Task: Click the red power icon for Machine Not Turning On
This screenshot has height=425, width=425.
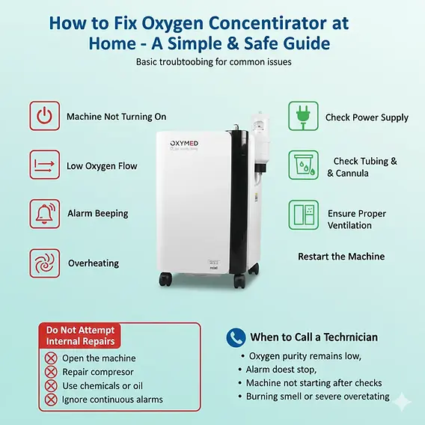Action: click(45, 117)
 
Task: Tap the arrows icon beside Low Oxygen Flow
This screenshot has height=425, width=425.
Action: click(45, 165)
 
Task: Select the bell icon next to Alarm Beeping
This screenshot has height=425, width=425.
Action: click(45, 213)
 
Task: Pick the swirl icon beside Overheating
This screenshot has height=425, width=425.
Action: click(45, 263)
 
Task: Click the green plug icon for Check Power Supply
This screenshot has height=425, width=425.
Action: click(304, 117)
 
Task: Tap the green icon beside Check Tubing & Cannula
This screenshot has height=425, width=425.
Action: click(304, 165)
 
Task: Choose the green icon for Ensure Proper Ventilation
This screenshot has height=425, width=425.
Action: click(304, 213)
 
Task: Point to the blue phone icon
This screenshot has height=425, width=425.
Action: click(236, 337)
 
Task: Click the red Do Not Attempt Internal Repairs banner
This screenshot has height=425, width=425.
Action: click(80, 335)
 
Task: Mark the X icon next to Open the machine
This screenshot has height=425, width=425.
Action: click(51, 358)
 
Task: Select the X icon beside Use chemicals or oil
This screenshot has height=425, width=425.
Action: click(51, 385)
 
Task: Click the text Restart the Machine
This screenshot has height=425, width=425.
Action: click(341, 257)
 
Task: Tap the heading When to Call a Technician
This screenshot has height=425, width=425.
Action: click(314, 337)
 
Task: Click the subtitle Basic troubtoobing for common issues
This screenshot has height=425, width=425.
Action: click(213, 61)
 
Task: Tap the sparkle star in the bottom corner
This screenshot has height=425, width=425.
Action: click(404, 402)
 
